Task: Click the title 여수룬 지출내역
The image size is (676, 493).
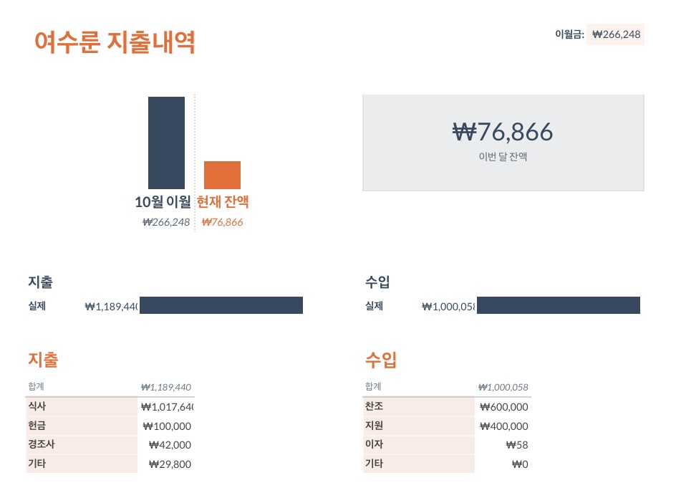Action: (x=115, y=42)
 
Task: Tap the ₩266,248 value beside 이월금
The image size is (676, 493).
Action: (x=616, y=34)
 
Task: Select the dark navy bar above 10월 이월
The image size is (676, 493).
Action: (x=166, y=143)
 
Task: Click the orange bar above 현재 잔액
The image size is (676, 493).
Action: (x=222, y=175)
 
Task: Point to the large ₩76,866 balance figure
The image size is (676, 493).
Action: (x=503, y=132)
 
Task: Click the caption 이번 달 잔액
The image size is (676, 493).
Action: (x=503, y=156)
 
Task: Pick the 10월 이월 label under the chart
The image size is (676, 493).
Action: (x=163, y=202)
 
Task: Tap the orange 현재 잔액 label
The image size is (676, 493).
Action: (x=223, y=202)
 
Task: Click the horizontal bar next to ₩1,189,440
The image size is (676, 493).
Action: (x=221, y=305)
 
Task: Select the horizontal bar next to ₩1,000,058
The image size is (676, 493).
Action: (x=558, y=305)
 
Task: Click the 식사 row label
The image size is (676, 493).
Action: (x=37, y=406)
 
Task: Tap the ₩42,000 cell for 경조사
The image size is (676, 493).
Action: (x=170, y=444)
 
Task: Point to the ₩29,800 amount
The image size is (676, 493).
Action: (x=170, y=464)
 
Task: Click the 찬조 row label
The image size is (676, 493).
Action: (x=374, y=406)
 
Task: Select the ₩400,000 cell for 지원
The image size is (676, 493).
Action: (x=504, y=426)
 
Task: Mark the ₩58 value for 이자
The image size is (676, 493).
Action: (x=516, y=444)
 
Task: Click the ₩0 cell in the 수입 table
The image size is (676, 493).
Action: (x=520, y=464)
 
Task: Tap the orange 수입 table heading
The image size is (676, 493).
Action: (x=380, y=359)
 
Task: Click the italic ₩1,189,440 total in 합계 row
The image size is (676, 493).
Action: (x=165, y=387)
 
